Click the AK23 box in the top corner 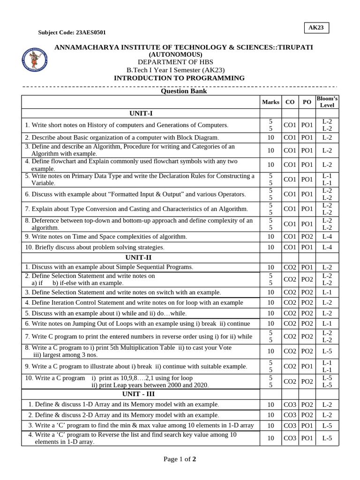click(x=315, y=28)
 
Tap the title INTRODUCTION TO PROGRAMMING click(x=179, y=78)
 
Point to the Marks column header click(x=270, y=102)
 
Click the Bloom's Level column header click(x=327, y=102)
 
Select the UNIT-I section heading click(x=141, y=113)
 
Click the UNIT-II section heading click(x=141, y=257)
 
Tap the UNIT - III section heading click(x=141, y=394)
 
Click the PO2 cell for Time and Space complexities click(x=307, y=237)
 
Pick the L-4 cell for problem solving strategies click(x=327, y=247)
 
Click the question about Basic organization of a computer click(x=122, y=138)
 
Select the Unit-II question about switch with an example click(x=123, y=292)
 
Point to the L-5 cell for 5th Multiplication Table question click(x=327, y=351)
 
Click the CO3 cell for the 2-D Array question click(x=290, y=415)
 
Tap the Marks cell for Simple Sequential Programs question click(x=270, y=267)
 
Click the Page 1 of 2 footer click(x=180, y=459)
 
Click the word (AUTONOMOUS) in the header click(x=176, y=55)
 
